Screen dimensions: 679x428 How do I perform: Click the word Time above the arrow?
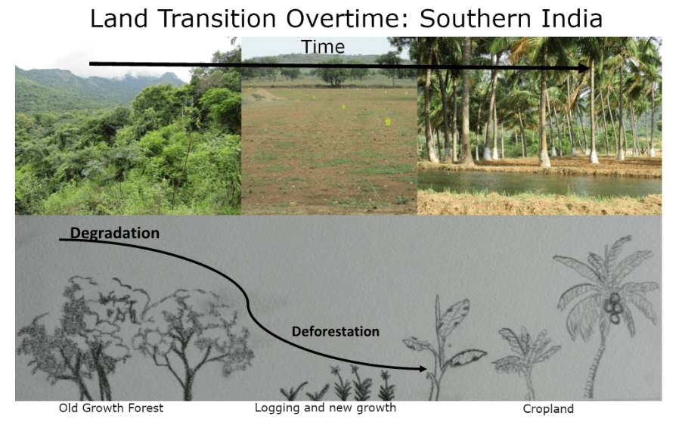click(323, 47)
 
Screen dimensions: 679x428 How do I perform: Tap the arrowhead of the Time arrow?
click(582, 68)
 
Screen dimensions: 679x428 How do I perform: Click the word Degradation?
click(115, 234)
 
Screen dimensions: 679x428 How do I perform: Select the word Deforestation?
click(336, 331)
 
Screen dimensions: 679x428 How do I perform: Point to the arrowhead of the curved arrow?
click(421, 369)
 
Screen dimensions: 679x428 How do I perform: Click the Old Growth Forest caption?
click(111, 408)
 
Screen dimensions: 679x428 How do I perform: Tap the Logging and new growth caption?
click(325, 408)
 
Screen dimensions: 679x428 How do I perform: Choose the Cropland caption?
click(548, 409)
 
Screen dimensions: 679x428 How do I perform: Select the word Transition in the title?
click(216, 19)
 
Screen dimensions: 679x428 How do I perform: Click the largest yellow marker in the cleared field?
click(388, 123)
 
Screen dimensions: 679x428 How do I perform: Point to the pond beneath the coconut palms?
click(539, 183)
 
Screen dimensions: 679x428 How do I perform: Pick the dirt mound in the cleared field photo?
click(261, 94)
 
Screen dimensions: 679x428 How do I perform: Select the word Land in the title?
click(119, 19)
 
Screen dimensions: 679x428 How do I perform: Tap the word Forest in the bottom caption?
click(147, 408)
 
